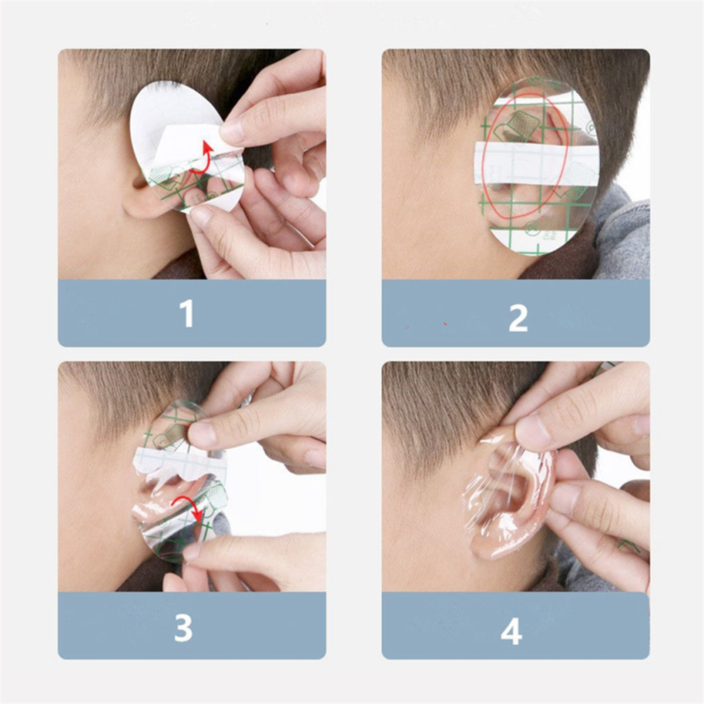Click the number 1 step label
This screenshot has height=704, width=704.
187,314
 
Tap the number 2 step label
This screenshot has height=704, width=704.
518,318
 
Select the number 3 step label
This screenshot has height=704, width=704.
183,626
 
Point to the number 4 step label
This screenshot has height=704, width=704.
511,631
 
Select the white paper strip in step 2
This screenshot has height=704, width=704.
536,163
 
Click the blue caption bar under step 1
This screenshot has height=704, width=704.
192,313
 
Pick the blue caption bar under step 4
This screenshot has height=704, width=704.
516,626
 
